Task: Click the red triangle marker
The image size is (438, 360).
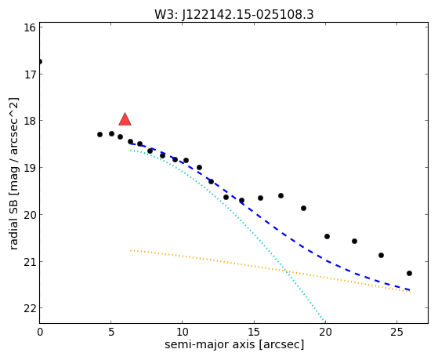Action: pos(125,119)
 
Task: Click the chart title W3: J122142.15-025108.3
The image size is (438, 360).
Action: pos(234,15)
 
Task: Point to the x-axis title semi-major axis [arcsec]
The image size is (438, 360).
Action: pos(234,344)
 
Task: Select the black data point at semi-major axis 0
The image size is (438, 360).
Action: pos(40,61)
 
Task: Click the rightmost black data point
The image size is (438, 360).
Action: pos(409,273)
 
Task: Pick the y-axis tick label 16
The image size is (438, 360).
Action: pos(29,27)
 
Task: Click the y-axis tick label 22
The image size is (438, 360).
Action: pos(29,308)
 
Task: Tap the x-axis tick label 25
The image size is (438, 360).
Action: pos(396,333)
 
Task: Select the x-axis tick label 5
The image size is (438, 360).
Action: pos(111,333)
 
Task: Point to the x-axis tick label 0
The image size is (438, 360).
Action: pos(40,333)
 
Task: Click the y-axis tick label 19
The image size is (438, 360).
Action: pos(29,168)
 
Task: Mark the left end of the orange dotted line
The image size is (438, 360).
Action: pos(130,250)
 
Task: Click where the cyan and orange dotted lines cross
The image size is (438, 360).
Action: pos(285,271)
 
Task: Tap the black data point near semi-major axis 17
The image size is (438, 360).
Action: pos(281,196)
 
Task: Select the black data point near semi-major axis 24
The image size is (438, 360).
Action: pos(381,255)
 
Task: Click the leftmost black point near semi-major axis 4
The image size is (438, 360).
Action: pos(100,135)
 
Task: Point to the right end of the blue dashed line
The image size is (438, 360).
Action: pos(410,290)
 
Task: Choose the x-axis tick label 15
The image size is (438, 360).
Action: pos(254,333)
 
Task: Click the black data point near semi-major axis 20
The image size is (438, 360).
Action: pos(327,236)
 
